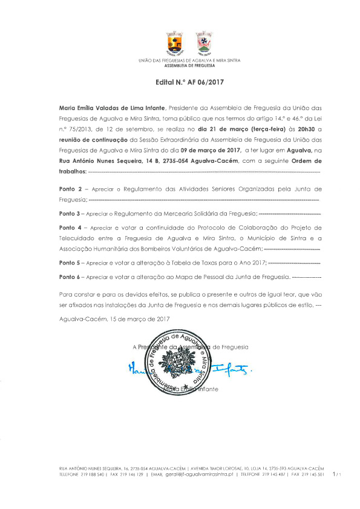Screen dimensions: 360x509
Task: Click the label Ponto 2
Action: click(70, 189)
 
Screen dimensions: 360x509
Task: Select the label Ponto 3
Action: click(70, 214)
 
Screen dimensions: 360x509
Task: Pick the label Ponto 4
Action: click(70, 228)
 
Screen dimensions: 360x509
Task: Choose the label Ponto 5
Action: click(70, 263)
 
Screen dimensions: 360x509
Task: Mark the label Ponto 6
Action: click(70, 277)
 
